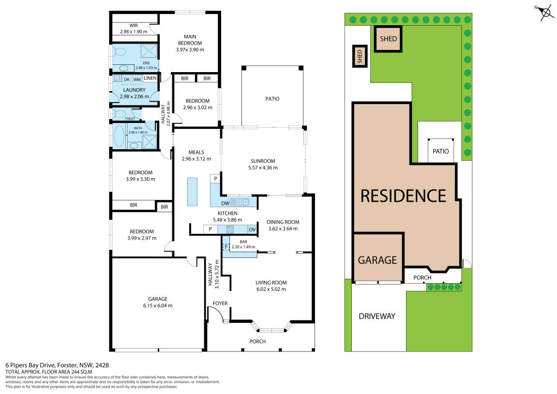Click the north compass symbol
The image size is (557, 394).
[545, 12]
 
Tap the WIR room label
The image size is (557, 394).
[134, 26]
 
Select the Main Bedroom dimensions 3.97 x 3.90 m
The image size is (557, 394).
[190, 49]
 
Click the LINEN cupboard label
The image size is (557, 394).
[150, 78]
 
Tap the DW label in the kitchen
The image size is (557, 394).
[224, 202]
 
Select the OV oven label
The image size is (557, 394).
[252, 229]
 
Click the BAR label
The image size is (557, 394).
[243, 242]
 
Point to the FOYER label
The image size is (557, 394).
[218, 303]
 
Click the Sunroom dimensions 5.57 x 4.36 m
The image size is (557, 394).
[262, 168]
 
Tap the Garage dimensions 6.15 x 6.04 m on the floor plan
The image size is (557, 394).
[157, 305]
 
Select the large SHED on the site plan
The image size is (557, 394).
[388, 39]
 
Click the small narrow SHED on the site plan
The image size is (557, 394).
[360, 57]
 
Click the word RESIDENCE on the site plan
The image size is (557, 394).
[403, 196]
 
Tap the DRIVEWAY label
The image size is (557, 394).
[377, 316]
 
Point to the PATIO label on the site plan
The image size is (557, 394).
[440, 152]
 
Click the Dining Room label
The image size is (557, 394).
[282, 223]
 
